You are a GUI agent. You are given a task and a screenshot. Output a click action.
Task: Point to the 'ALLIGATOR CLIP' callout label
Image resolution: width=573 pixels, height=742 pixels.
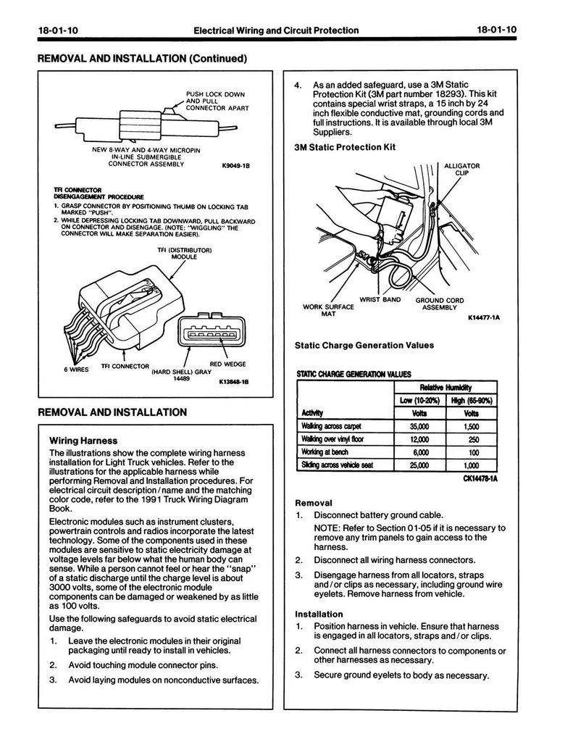click(x=461, y=170)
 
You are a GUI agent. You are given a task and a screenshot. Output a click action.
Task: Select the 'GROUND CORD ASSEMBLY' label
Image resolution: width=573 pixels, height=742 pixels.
click(x=439, y=304)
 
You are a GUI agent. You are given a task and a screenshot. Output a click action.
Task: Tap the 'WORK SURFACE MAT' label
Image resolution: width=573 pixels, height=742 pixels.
click(x=329, y=310)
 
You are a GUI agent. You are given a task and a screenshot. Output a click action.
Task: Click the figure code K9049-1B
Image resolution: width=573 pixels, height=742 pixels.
click(x=234, y=165)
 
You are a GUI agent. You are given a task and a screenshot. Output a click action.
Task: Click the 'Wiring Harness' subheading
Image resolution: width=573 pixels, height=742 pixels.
click(x=83, y=440)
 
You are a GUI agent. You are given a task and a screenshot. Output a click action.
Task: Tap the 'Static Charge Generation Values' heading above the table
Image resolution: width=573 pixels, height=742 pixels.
click(x=364, y=346)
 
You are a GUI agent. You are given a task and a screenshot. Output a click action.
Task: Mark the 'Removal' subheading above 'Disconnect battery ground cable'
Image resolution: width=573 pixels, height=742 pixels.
click(x=314, y=502)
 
